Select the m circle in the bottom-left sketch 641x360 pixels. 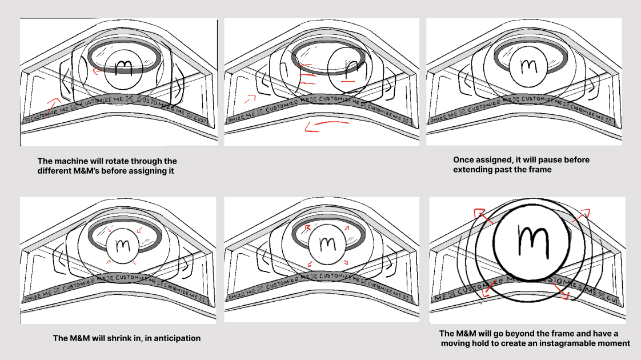122,246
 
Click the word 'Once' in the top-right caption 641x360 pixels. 464,160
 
